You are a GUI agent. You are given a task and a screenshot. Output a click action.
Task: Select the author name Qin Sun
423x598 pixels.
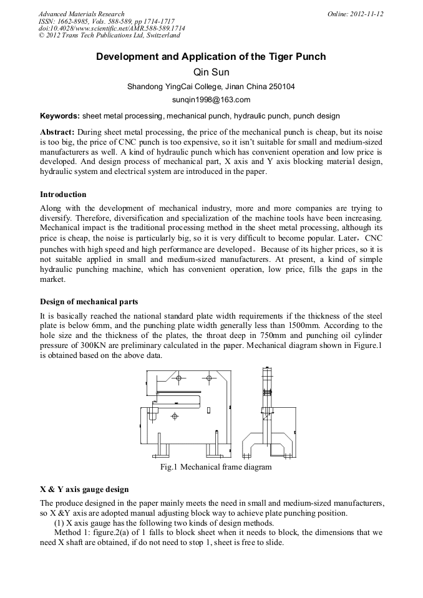[211, 72]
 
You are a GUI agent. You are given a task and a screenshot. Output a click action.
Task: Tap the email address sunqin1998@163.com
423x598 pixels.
[211, 99]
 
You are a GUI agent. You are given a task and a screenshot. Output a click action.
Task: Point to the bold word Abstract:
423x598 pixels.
[57, 133]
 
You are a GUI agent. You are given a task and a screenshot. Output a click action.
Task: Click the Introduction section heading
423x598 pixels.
[63, 195]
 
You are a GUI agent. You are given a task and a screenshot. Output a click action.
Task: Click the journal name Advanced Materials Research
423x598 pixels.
[81, 14]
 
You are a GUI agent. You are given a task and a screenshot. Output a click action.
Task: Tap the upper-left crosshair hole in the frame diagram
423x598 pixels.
[179, 379]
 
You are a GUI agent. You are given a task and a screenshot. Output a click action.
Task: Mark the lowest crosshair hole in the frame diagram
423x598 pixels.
[174, 416]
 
